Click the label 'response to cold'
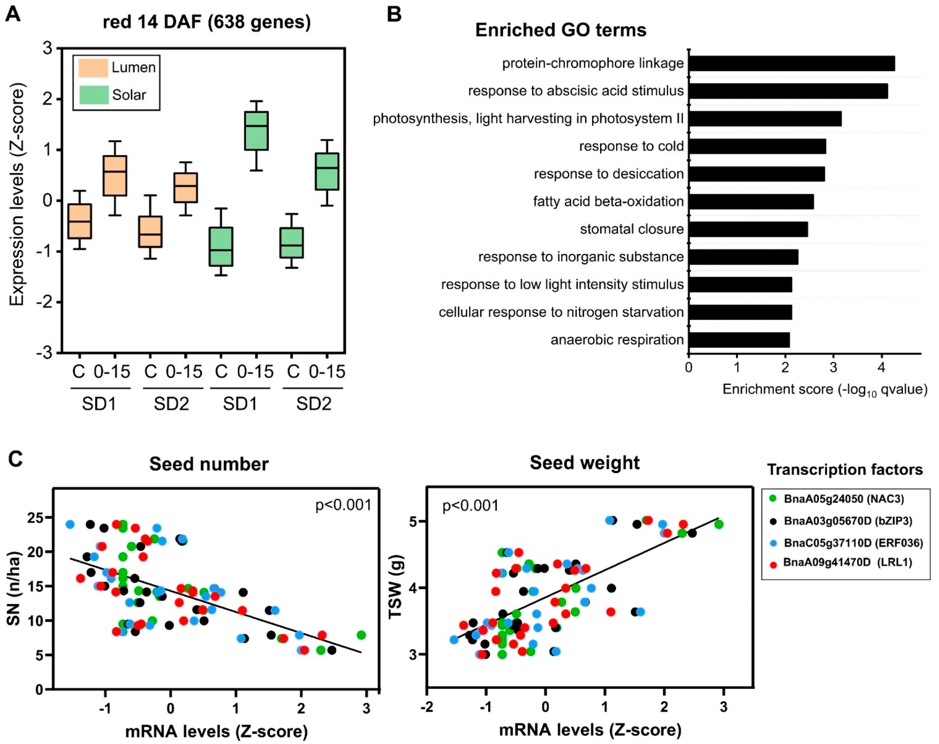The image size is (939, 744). (631, 146)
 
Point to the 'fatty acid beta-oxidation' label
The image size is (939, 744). (608, 202)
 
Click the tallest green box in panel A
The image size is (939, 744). (256, 131)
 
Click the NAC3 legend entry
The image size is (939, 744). (844, 499)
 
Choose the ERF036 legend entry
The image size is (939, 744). (853, 543)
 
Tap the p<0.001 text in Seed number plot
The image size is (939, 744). (343, 505)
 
